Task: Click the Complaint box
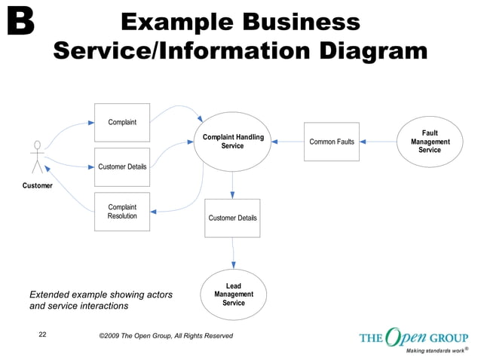click(x=122, y=122)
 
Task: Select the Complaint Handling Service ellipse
click(x=232, y=141)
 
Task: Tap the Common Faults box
click(x=332, y=142)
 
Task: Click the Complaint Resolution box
click(x=122, y=212)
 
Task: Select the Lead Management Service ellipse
click(x=234, y=294)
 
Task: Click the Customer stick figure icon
click(x=37, y=157)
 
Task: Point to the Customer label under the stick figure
click(x=38, y=185)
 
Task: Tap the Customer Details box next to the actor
click(x=122, y=166)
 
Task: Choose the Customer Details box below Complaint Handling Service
click(x=232, y=218)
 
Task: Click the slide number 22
click(x=42, y=334)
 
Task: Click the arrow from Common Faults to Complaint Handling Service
click(x=287, y=142)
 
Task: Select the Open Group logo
click(x=413, y=338)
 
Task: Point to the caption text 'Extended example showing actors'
click(x=100, y=294)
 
